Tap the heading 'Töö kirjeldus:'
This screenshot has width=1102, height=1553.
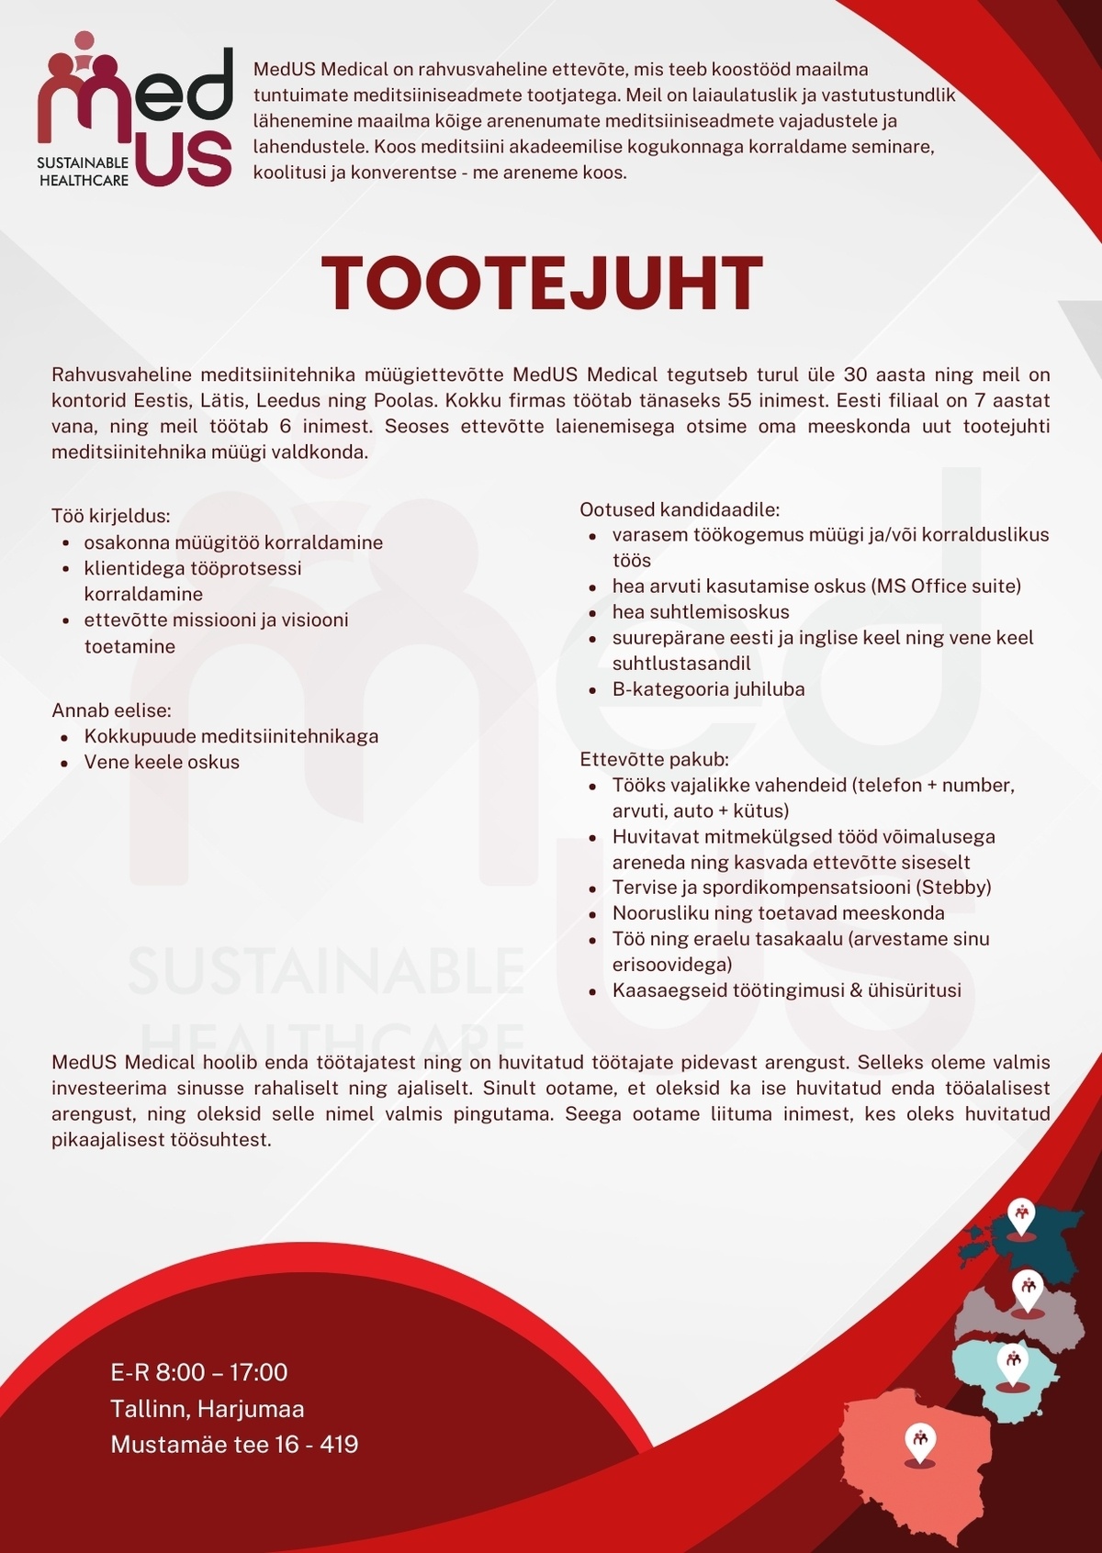(111, 516)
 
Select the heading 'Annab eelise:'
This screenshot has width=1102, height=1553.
(111, 710)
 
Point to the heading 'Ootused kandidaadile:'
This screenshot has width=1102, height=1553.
(680, 509)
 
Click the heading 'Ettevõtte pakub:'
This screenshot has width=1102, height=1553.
(654, 759)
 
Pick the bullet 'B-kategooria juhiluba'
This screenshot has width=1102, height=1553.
(708, 689)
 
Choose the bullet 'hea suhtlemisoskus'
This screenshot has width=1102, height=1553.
(701, 612)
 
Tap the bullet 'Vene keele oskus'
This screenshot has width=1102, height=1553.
(162, 762)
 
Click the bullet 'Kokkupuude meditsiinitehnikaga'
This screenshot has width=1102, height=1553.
(231, 736)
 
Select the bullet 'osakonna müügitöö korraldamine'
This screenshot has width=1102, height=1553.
(233, 542)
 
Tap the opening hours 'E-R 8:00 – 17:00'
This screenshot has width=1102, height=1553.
(198, 1372)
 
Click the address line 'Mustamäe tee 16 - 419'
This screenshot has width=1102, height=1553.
(234, 1444)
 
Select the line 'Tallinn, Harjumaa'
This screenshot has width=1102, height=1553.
(207, 1408)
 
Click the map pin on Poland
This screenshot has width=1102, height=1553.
(919, 1440)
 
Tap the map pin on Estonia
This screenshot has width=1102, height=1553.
(1020, 1216)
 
